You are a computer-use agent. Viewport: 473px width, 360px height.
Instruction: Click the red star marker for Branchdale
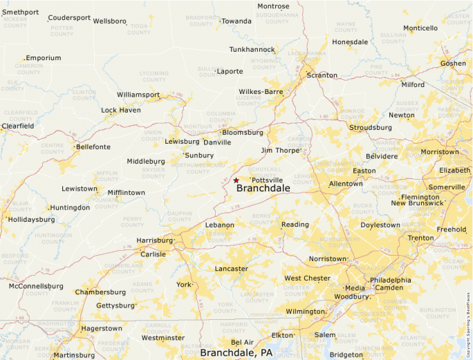tap(236, 180)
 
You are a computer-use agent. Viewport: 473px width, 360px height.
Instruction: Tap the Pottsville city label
tap(267, 180)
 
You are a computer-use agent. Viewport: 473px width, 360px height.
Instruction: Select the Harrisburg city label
tap(155, 240)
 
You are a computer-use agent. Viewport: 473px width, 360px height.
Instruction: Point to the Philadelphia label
tap(390, 280)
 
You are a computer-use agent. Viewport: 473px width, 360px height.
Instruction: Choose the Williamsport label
tap(138, 95)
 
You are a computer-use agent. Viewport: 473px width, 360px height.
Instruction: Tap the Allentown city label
tap(346, 184)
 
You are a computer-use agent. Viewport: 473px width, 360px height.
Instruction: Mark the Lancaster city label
tap(232, 269)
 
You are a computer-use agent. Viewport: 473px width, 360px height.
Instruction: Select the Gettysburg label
tap(115, 305)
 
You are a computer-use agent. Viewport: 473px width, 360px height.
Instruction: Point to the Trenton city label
tap(420, 238)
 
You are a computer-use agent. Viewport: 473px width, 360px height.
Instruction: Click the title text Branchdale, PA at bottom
tap(236, 352)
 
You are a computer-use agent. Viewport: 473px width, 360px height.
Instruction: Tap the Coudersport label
tap(69, 18)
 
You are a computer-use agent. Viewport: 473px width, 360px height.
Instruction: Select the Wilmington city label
tap(305, 312)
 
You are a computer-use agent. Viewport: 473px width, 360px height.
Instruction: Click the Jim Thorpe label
tap(279, 150)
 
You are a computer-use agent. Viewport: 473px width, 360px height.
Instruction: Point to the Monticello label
tap(420, 28)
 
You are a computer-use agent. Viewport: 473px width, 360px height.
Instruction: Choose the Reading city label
tap(295, 225)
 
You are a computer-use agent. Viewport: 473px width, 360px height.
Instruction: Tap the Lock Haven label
tap(121, 111)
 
